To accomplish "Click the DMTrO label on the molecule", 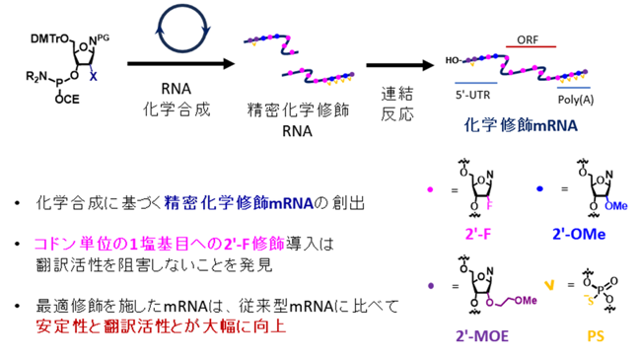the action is pyautogui.click(x=50, y=38).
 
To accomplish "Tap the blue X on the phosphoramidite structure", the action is pyautogui.click(x=93, y=76).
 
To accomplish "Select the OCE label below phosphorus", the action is pyautogui.click(x=67, y=100).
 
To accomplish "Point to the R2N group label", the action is pyautogui.click(x=36, y=76).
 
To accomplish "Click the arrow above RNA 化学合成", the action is pyautogui.click(x=181, y=63).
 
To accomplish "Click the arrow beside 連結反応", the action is pyautogui.click(x=400, y=65).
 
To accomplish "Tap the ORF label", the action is pyautogui.click(x=528, y=39).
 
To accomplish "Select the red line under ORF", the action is pyautogui.click(x=531, y=46).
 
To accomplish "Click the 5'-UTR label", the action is pyautogui.click(x=472, y=95).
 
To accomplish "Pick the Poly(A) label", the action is pyautogui.click(x=576, y=100).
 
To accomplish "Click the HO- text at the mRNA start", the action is pyautogui.click(x=453, y=60).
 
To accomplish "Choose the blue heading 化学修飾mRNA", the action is pyautogui.click(x=521, y=125).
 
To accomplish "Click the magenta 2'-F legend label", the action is pyautogui.click(x=478, y=234).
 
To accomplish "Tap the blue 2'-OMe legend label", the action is pyautogui.click(x=579, y=234).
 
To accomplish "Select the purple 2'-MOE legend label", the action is pyautogui.click(x=482, y=336).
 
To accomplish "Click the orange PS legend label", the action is pyautogui.click(x=595, y=336).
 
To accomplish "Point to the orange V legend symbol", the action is pyautogui.click(x=549, y=285).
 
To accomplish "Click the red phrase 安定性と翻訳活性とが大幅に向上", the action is pyautogui.click(x=161, y=326).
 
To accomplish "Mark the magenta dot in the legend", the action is pyautogui.click(x=430, y=189).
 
